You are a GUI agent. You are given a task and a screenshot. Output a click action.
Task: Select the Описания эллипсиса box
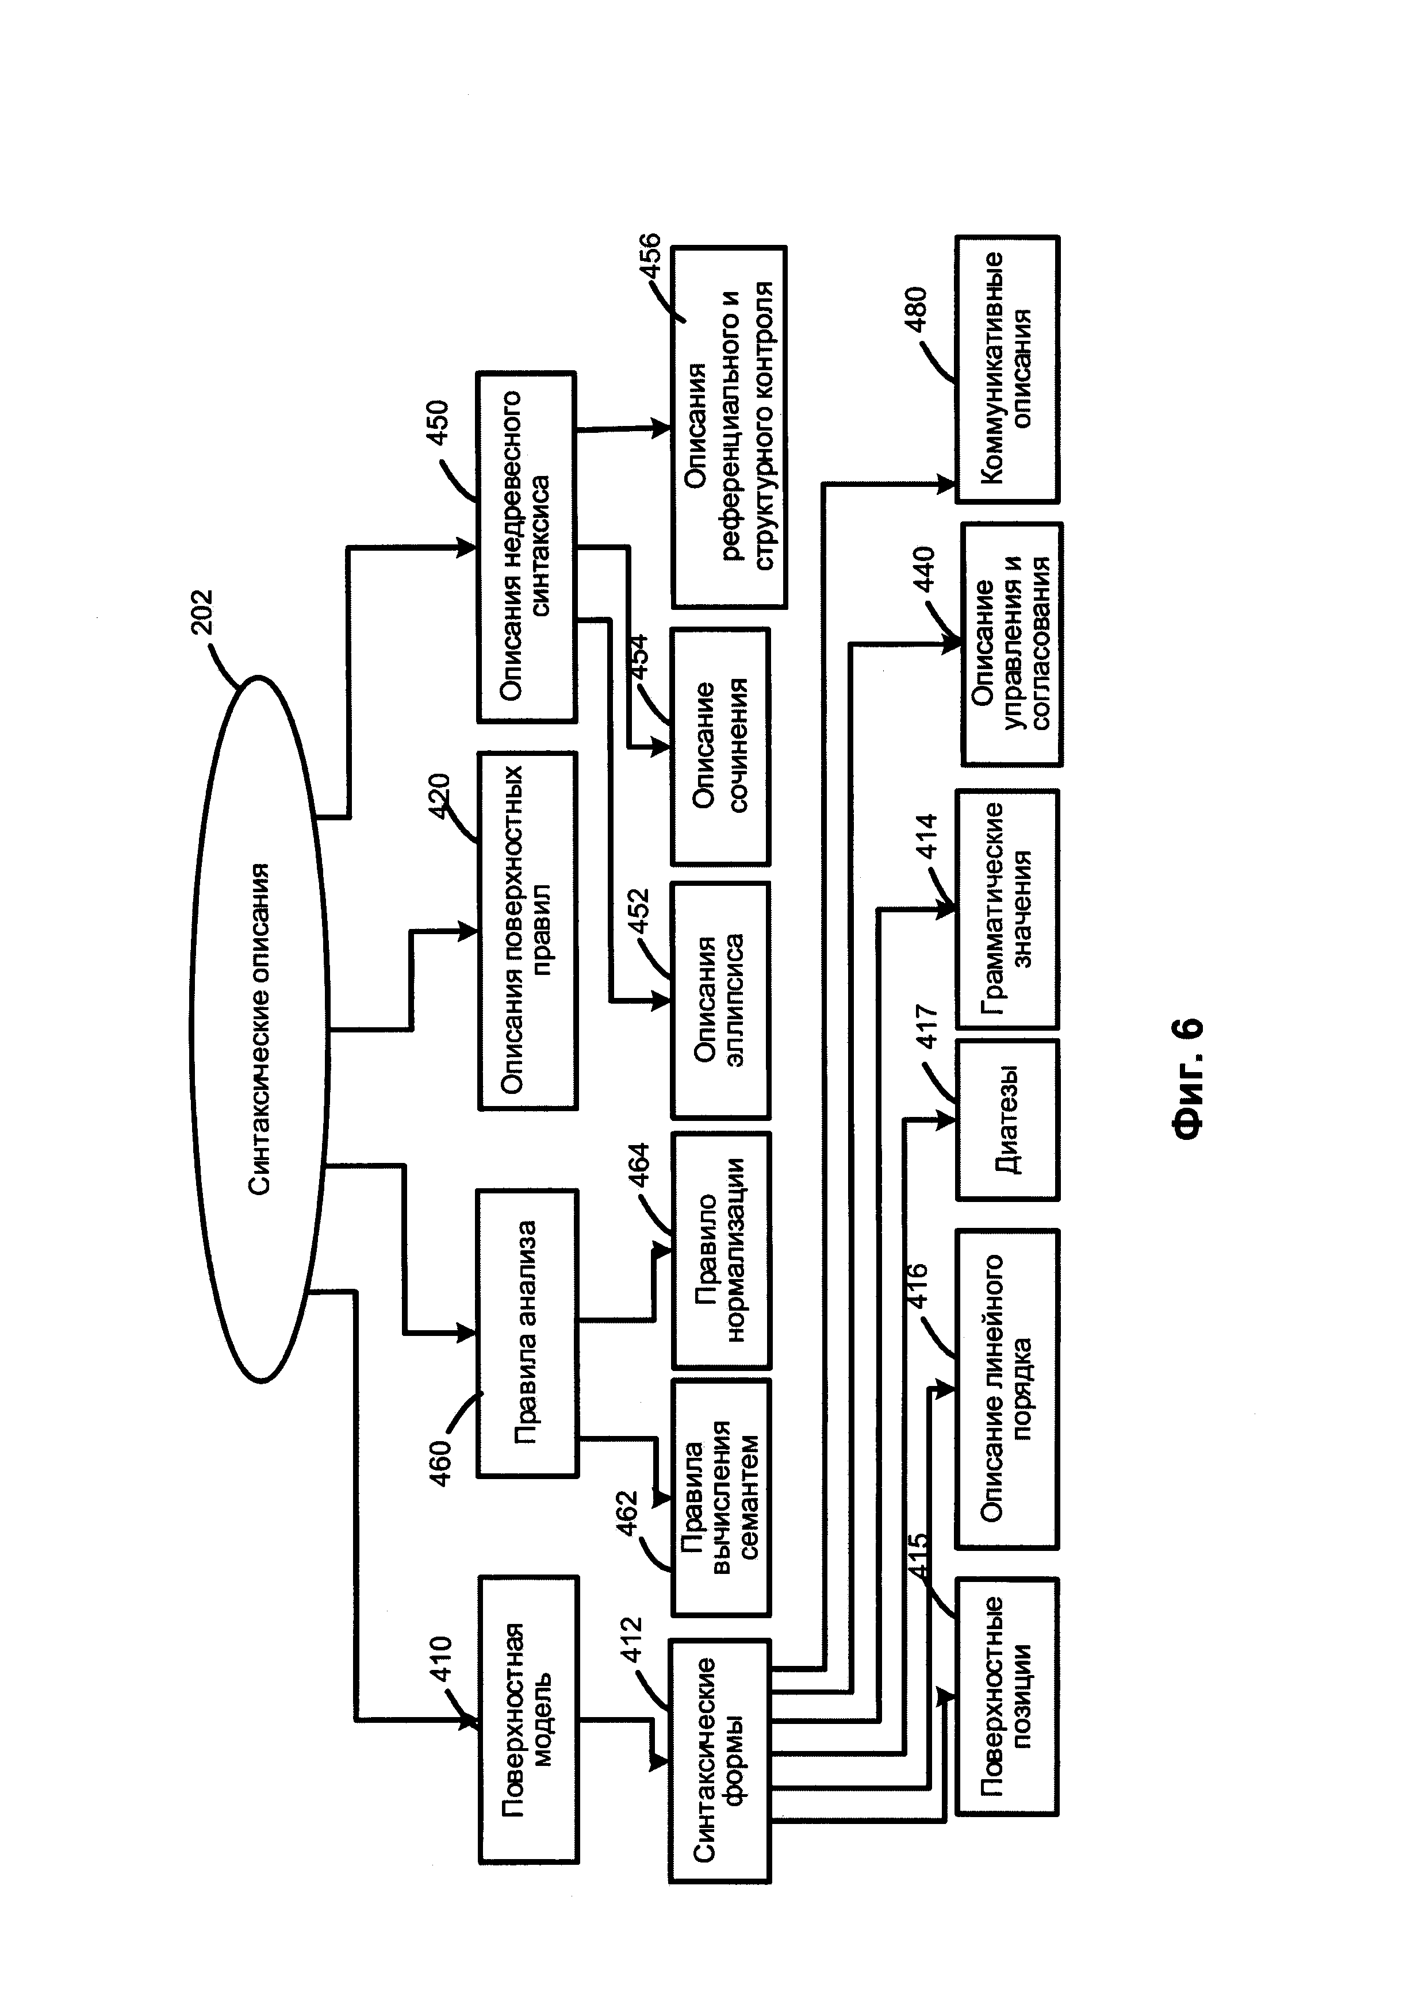click(720, 1000)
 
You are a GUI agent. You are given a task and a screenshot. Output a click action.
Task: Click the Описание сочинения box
click(720, 746)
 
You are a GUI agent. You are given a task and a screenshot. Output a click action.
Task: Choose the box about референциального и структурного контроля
click(729, 427)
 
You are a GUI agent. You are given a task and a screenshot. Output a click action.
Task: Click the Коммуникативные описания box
click(1007, 369)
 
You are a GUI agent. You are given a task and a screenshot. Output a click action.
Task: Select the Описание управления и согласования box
click(1011, 644)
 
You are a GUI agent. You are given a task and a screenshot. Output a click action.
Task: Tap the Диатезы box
click(1007, 1119)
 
